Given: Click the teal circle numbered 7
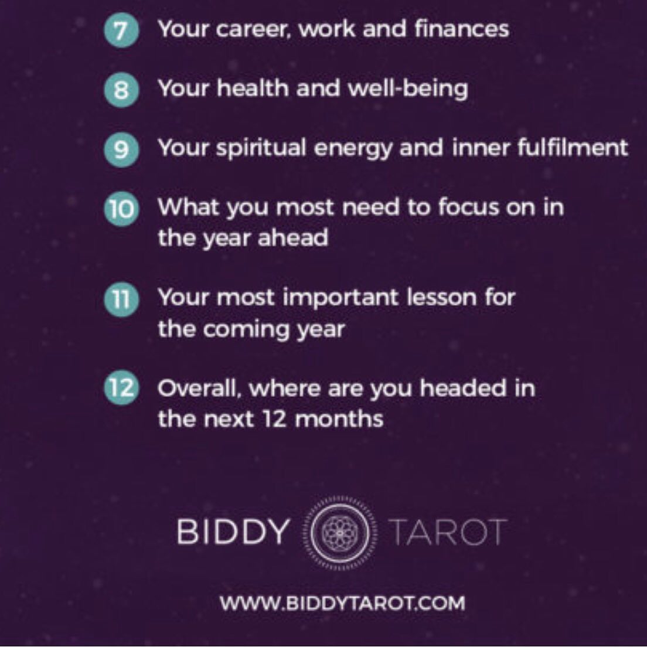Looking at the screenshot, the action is tap(121, 30).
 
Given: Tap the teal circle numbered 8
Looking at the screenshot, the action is tap(121, 90).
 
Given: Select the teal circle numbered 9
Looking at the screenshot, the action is tap(121, 149).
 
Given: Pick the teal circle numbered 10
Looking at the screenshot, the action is tap(121, 209).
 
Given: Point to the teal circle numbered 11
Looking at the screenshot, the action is tap(121, 299).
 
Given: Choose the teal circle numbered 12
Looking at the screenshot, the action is tap(121, 388).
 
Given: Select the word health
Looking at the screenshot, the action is tap(253, 88).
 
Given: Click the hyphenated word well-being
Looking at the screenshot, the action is tap(408, 90).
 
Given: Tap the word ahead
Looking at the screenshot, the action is tap(293, 238).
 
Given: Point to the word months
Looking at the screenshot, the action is tap(339, 419).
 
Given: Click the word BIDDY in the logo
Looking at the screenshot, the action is tap(232, 532).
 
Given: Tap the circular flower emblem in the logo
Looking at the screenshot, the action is tap(340, 532).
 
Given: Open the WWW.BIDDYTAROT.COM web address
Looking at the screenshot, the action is tap(342, 603).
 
